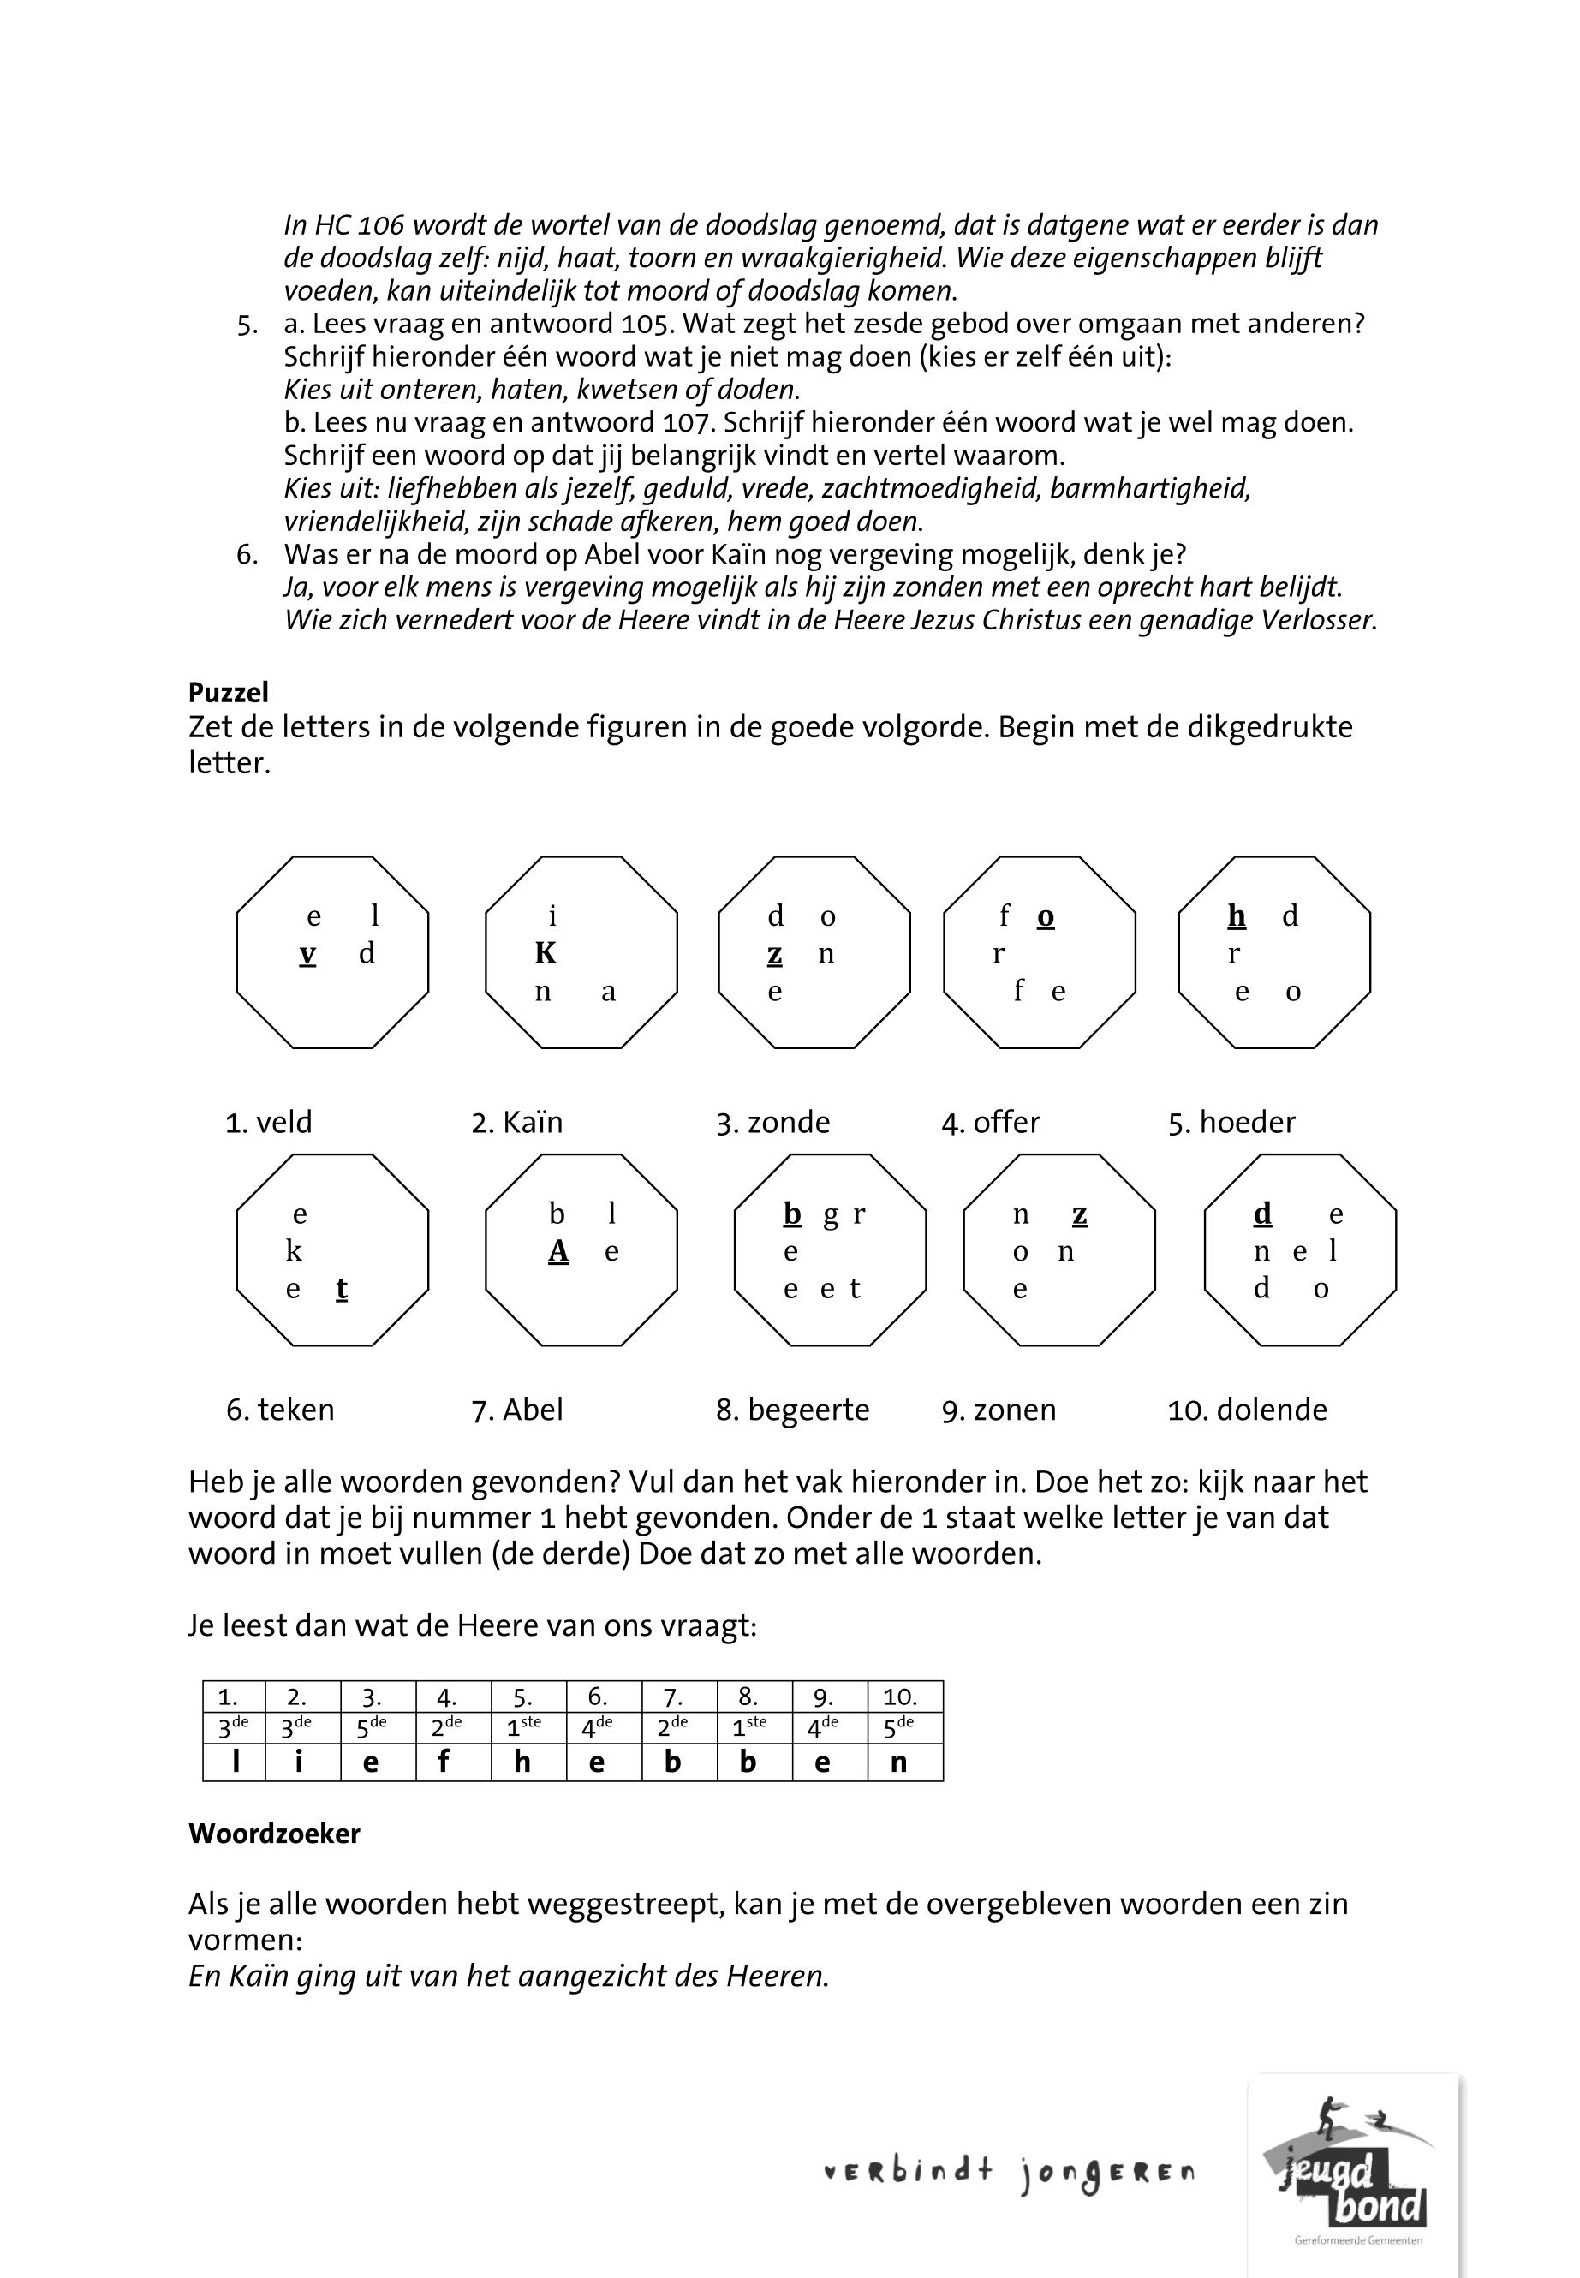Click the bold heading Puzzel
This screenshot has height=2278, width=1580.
(229, 693)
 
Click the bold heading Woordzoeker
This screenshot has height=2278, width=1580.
(274, 1834)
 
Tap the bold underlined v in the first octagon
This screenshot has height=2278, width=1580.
(308, 954)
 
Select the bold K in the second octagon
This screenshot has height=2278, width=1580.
(546, 953)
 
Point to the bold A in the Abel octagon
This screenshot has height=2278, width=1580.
(558, 1252)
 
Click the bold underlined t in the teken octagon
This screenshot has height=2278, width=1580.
(342, 1289)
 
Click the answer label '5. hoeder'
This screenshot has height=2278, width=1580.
(1231, 1123)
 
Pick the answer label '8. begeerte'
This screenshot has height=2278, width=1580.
(792, 1410)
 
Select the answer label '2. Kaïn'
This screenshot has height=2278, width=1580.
(516, 1123)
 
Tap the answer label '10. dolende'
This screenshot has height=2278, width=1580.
(1248, 1410)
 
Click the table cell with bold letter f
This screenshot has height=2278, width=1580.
(444, 1763)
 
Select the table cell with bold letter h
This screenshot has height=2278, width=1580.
(522, 1763)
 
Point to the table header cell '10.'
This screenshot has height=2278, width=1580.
(900, 1697)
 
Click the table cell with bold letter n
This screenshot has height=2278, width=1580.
(899, 1763)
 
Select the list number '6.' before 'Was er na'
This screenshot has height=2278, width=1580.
(247, 554)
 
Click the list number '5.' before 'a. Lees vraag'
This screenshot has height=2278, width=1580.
(247, 325)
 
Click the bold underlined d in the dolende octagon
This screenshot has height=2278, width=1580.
(1262, 1214)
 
